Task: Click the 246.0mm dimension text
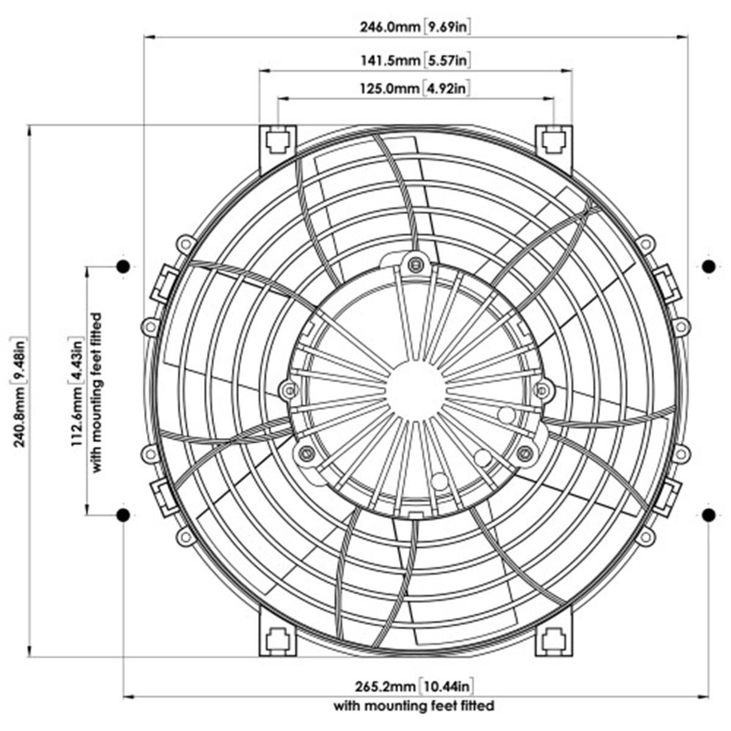(x=390, y=27)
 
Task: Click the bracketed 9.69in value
(x=448, y=27)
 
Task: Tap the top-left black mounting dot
(x=123, y=266)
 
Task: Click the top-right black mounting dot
(x=708, y=266)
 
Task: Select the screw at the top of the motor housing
(x=415, y=264)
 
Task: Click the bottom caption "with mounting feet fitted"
(x=414, y=706)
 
